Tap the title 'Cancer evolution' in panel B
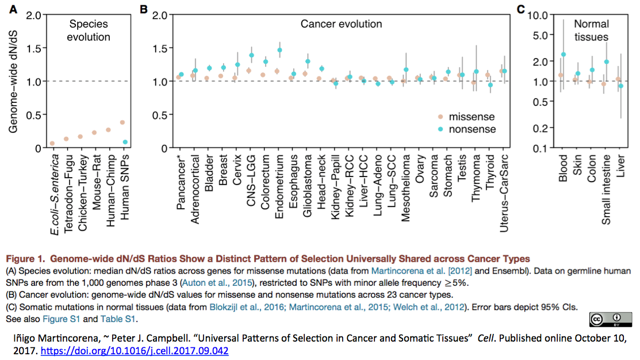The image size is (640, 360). pos(341,24)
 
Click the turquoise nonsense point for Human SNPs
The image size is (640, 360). pos(125,142)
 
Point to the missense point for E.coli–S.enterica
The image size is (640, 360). pos(52,143)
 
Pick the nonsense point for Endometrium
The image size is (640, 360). pos(279,50)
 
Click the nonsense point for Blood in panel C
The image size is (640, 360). pos(564,55)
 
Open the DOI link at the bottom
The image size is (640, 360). pos(134,350)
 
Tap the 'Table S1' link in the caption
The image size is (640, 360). pos(119,319)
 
